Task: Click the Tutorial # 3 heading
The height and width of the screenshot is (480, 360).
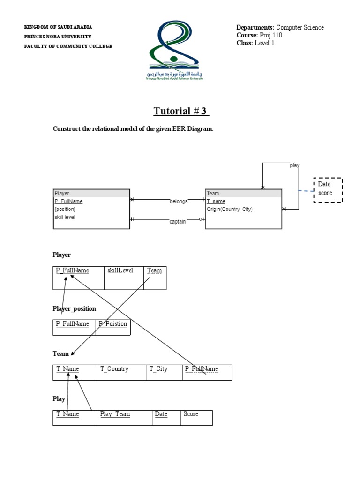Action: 181,111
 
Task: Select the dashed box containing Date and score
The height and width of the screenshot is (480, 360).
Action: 328,189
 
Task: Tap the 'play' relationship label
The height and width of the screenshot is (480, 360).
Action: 294,165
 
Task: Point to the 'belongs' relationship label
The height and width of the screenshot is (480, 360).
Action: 179,201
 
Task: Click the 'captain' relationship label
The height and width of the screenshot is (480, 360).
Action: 178,221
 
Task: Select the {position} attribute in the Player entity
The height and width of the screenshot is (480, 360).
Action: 65,210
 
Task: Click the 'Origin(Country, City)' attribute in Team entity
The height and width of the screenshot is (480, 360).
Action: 230,210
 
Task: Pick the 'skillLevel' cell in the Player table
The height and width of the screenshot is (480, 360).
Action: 120,270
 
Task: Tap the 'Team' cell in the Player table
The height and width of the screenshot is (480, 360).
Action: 154,270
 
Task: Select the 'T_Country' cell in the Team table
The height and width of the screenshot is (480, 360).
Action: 114,369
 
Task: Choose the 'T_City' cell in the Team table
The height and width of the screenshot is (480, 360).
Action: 158,369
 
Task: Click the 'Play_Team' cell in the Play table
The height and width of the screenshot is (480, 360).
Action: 115,414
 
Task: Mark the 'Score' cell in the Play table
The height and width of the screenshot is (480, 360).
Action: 191,414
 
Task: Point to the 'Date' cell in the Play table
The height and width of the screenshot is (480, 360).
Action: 161,414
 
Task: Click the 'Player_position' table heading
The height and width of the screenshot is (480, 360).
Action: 75,308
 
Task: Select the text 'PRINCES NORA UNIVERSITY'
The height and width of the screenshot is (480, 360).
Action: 58,37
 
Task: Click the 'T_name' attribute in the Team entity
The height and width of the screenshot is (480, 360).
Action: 216,202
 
